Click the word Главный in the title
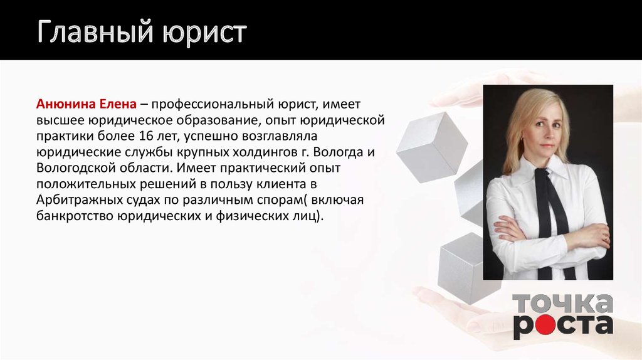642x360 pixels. pyautogui.click(x=96, y=32)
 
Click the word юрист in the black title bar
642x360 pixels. pyautogui.click(x=204, y=33)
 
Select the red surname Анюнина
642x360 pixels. pyautogui.click(x=65, y=104)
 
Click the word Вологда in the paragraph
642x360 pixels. pyautogui.click(x=337, y=152)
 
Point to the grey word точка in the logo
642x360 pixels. pyautogui.click(x=562, y=304)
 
